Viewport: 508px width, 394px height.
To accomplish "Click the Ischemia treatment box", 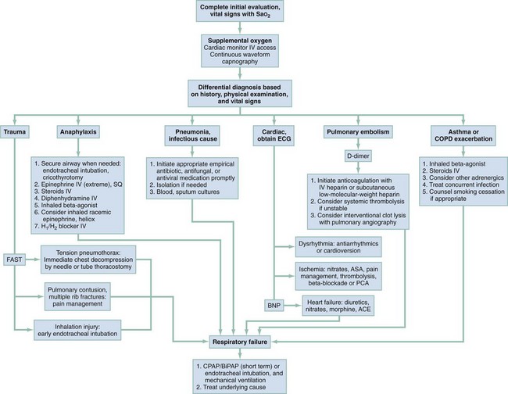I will (345, 274).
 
